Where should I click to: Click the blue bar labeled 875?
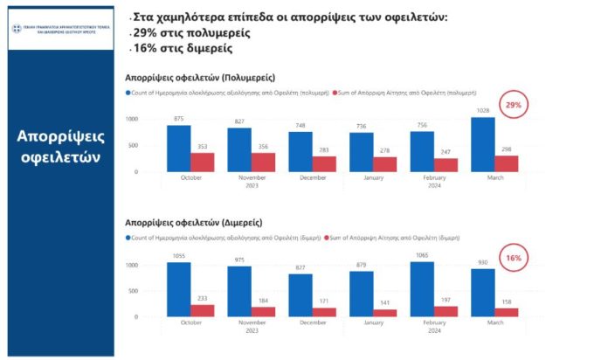[x=178, y=149]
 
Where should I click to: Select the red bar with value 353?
[x=202, y=162]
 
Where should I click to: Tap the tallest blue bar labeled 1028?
[x=482, y=144]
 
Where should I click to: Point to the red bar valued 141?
[x=384, y=312]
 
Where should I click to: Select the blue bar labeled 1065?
[x=422, y=289]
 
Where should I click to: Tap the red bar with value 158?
[x=506, y=311]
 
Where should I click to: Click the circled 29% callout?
[x=513, y=107]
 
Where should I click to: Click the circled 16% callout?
[x=513, y=258]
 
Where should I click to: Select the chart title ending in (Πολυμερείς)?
[x=193, y=76]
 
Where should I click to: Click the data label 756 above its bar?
[x=421, y=125]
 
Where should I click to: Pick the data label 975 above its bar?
[x=238, y=260]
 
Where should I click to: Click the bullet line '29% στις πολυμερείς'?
[x=192, y=32]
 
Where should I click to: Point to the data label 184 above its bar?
[x=263, y=301]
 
